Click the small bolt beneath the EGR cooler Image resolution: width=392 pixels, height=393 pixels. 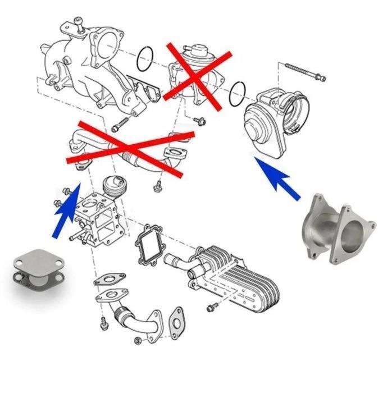coord(212,307)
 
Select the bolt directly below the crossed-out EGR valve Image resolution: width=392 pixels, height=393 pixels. coord(198,120)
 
